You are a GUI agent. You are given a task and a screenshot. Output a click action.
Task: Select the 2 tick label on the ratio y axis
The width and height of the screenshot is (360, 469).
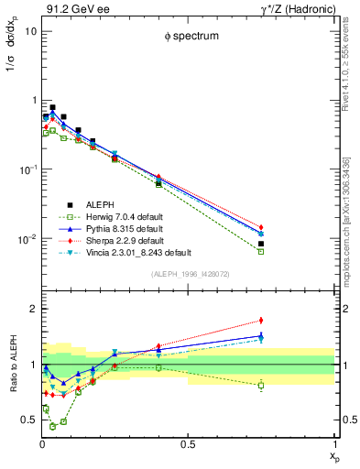point(33,309)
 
